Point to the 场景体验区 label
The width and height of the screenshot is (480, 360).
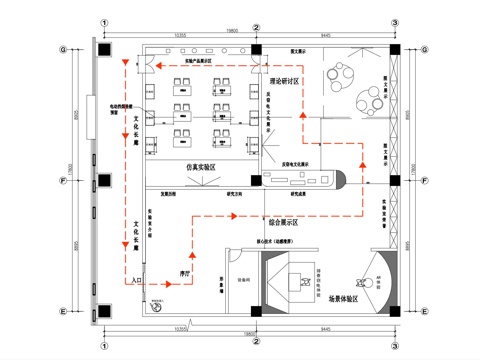coord(346,297)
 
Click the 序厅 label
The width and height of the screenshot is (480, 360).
coord(185,270)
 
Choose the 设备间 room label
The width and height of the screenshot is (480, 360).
coord(241,280)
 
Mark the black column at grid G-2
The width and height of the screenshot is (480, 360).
coord(256,49)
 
